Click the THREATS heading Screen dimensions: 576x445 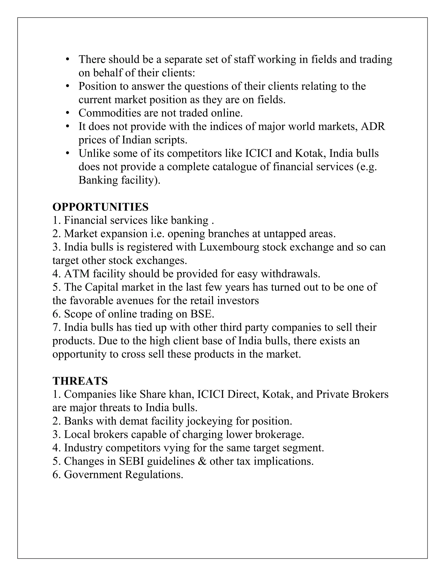pos(80,381)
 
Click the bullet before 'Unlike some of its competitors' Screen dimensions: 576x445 pos(68,153)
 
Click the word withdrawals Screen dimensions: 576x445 pos(290,274)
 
